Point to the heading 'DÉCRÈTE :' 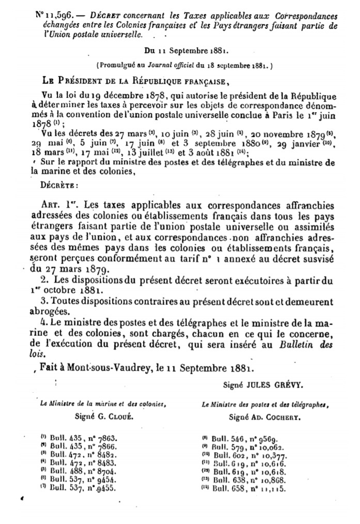[56, 183]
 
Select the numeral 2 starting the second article [41, 281]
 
